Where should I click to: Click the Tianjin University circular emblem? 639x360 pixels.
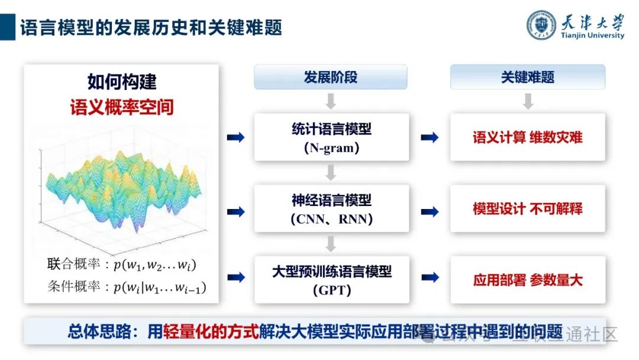[x=542, y=25]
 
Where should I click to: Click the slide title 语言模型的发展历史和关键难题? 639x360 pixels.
[x=151, y=27]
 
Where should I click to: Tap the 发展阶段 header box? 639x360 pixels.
[x=331, y=78]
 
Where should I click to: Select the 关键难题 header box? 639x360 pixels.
[x=528, y=78]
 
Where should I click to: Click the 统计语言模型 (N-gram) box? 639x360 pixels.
[x=331, y=137]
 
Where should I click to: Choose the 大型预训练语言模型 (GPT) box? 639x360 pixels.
[x=331, y=279]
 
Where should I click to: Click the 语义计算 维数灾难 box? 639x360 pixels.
[x=528, y=137]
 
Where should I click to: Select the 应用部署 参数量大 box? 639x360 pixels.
[x=528, y=279]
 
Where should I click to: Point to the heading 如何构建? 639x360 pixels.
[x=122, y=81]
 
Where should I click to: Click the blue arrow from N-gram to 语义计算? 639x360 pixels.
[x=429, y=137]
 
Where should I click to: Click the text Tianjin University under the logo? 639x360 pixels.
[x=592, y=36]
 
